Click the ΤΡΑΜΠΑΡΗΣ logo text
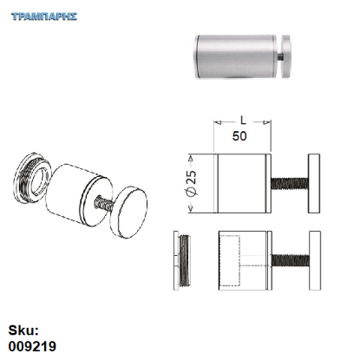tap(46, 16)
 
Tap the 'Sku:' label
tap(23, 331)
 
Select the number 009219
tap(32, 346)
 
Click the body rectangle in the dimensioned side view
tap(243, 182)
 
